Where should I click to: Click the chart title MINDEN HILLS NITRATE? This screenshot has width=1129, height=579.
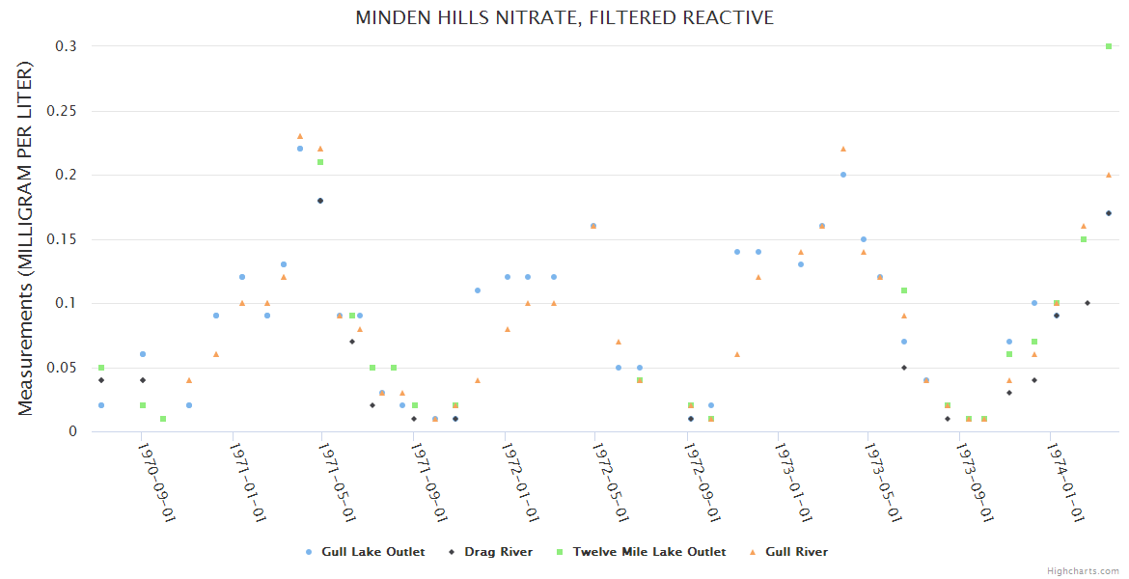[x=564, y=17]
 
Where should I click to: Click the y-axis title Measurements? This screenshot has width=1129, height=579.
[x=26, y=238]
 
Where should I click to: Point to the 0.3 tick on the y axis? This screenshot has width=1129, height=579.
[x=70, y=46]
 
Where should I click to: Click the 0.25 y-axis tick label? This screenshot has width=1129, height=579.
[x=66, y=111]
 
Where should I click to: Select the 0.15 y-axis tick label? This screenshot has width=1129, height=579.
[x=66, y=239]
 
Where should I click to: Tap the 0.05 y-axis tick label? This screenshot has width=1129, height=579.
[x=66, y=368]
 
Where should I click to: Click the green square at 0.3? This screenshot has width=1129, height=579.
[x=1109, y=46]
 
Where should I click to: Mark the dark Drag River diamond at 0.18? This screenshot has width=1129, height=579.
[x=320, y=201]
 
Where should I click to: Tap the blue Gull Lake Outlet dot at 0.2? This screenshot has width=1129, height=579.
[x=843, y=175]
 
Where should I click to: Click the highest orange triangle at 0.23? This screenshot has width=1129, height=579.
[x=300, y=136]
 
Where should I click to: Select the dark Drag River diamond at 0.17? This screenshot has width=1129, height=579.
[x=1109, y=213]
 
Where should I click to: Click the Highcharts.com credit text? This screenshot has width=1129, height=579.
[x=1084, y=571]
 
